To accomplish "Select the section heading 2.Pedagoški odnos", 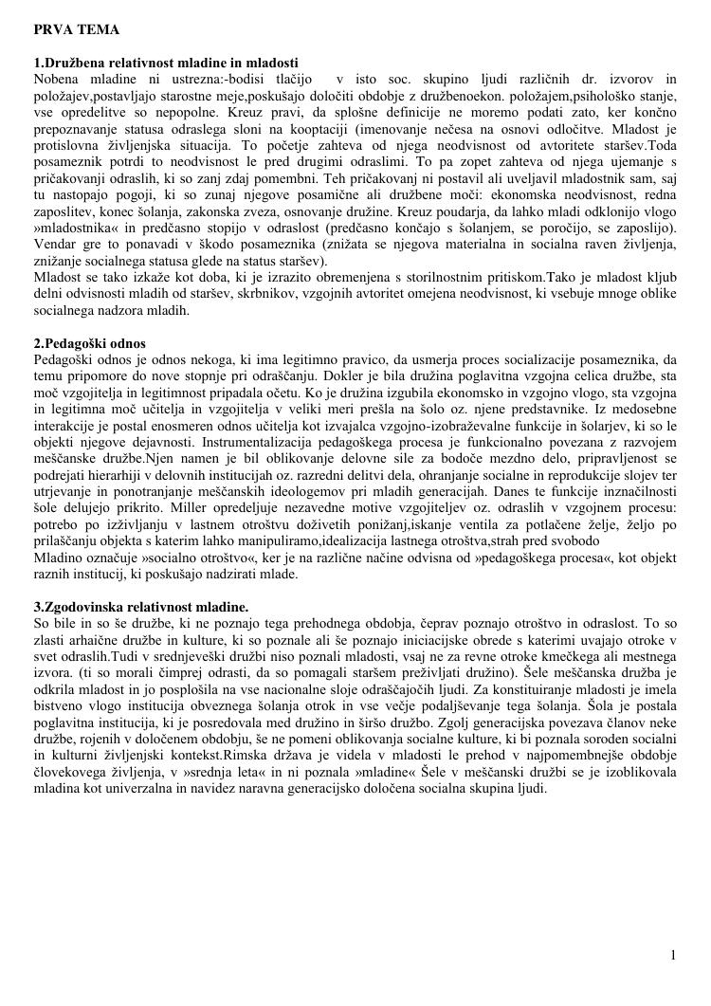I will (x=89, y=342).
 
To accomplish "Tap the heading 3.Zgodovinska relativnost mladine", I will (x=141, y=606).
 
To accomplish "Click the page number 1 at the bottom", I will (x=673, y=955).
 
